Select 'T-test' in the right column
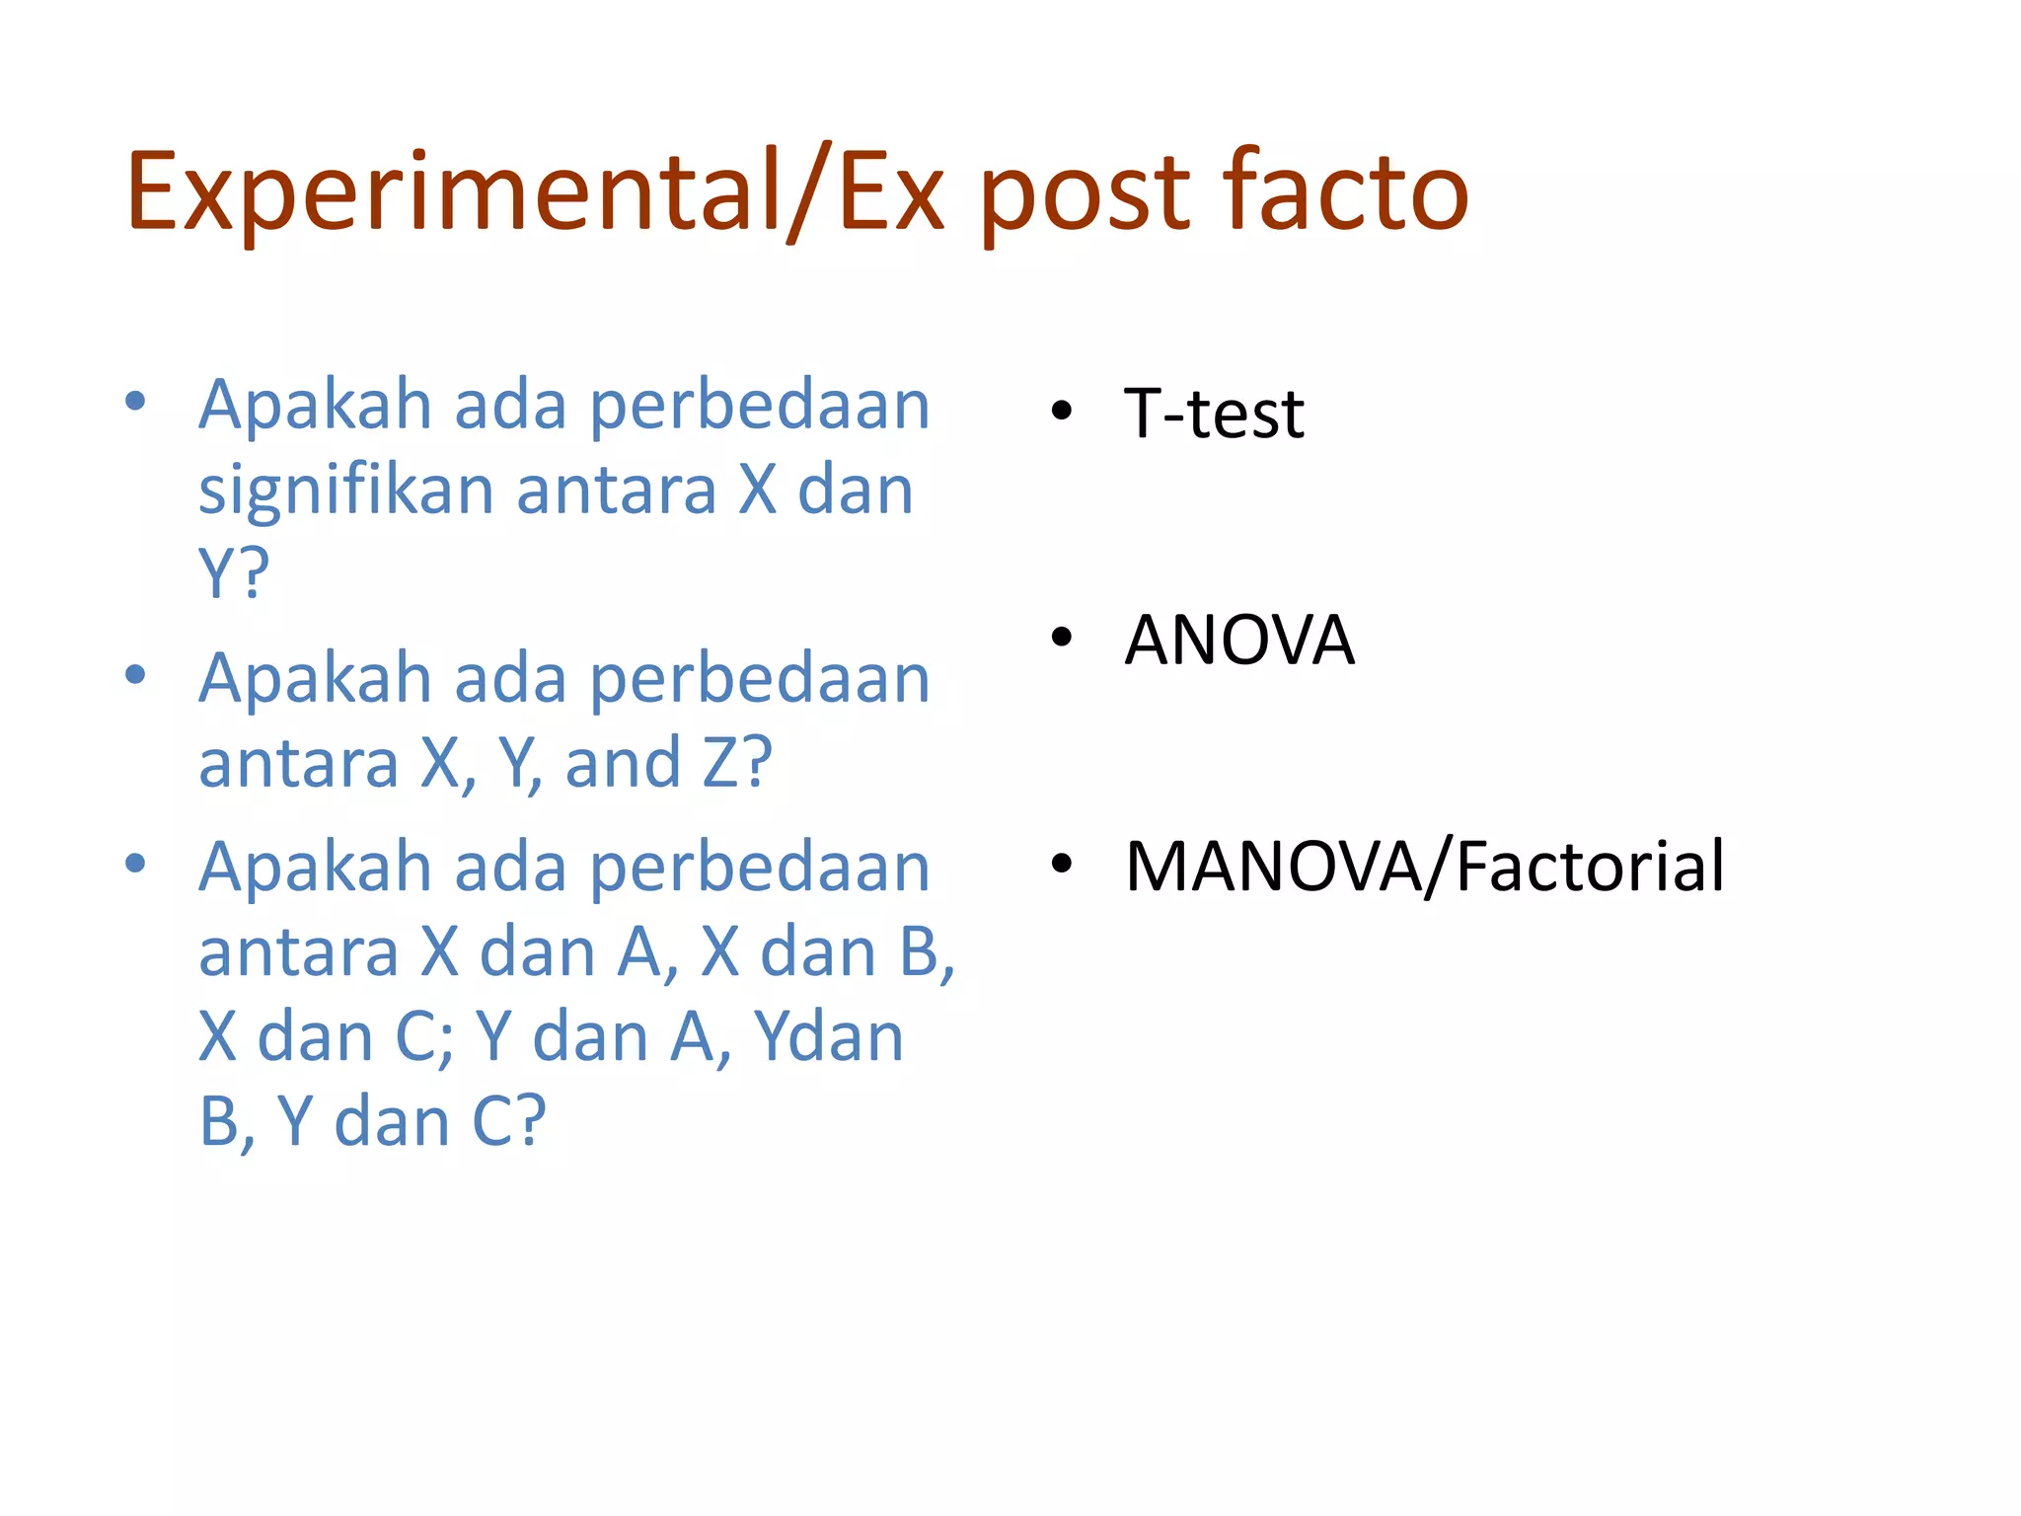point(1214,413)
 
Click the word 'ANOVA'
point(1239,641)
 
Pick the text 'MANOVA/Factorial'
point(1425,867)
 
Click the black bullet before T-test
point(1061,412)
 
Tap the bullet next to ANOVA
point(1061,638)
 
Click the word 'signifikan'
point(345,491)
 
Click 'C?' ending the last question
point(508,1121)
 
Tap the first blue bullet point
point(136,402)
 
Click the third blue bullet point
point(136,864)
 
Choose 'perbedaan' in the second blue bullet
point(760,679)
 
